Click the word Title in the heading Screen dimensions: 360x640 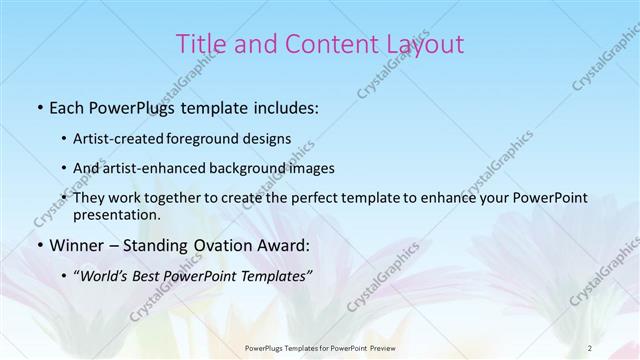pos(200,44)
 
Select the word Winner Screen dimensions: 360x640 pos(72,245)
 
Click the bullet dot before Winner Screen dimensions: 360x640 pos(38,246)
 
